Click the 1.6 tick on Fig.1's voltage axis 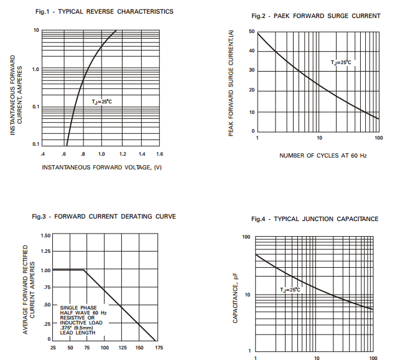coord(159,153)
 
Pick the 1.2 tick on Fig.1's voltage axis coord(122,153)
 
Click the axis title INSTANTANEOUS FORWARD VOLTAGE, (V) coord(101,168)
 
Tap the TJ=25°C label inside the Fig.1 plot coord(101,101)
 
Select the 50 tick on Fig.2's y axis coord(251,32)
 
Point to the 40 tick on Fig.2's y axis coord(251,51)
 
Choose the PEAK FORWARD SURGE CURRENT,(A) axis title coord(231,83)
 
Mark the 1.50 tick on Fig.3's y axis coord(45,235)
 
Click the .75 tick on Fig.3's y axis coord(46,288)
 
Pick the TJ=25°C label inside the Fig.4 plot coord(289,290)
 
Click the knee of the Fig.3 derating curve coord(84,270)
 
